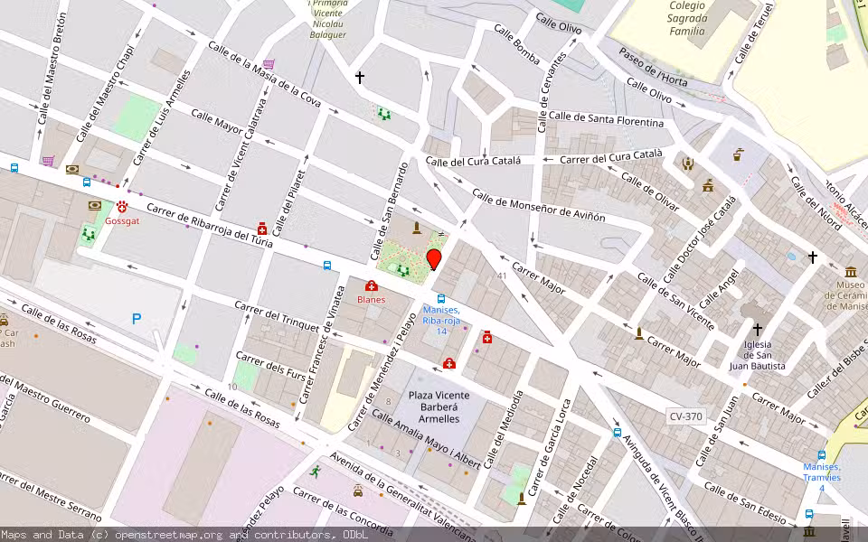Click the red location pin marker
pyautogui.click(x=434, y=259)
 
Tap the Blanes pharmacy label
pyautogui.click(x=371, y=299)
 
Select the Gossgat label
pyautogui.click(x=122, y=220)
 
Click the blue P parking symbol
pyautogui.click(x=137, y=318)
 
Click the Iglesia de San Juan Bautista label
pyautogui.click(x=758, y=355)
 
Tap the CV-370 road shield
pyautogui.click(x=686, y=416)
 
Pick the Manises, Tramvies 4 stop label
pyautogui.click(x=822, y=477)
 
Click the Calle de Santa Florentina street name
pyautogui.click(x=606, y=118)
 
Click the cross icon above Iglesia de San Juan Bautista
pyautogui.click(x=758, y=330)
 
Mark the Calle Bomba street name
pyautogui.click(x=516, y=45)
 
